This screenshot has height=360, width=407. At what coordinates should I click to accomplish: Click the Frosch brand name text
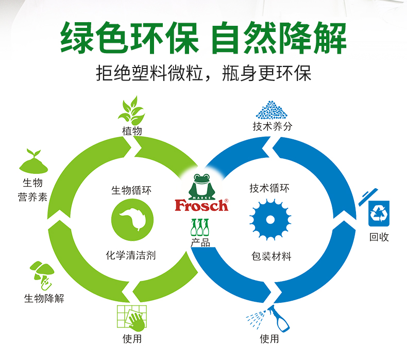[201, 205]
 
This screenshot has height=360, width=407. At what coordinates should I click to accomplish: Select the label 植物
[132, 131]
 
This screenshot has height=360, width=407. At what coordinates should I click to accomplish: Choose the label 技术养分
[272, 126]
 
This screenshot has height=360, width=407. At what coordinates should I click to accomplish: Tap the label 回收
[379, 237]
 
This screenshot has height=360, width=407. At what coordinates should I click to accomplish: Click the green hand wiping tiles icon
[132, 318]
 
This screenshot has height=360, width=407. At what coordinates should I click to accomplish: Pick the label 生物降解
[44, 298]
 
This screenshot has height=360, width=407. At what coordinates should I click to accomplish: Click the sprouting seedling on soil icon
[32, 161]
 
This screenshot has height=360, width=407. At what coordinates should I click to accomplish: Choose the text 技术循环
[269, 188]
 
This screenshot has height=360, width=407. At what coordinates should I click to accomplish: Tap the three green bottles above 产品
[201, 227]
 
